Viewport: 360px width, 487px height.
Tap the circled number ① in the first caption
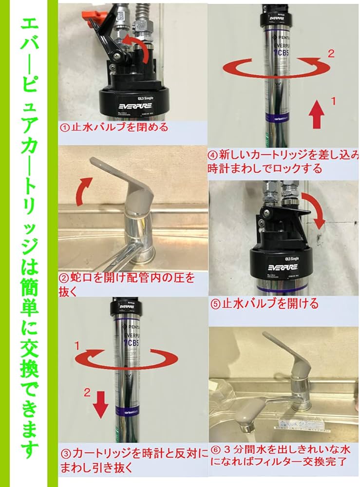pos(64,128)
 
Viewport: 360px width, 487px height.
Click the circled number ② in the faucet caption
pos(64,278)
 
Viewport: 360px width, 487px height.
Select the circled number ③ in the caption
pos(64,454)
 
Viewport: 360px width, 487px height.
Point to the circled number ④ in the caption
pos(213,155)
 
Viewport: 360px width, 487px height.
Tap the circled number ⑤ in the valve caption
pos(215,304)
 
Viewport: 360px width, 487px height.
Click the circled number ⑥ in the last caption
pos(215,448)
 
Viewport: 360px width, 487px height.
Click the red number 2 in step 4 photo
pos(331,54)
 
